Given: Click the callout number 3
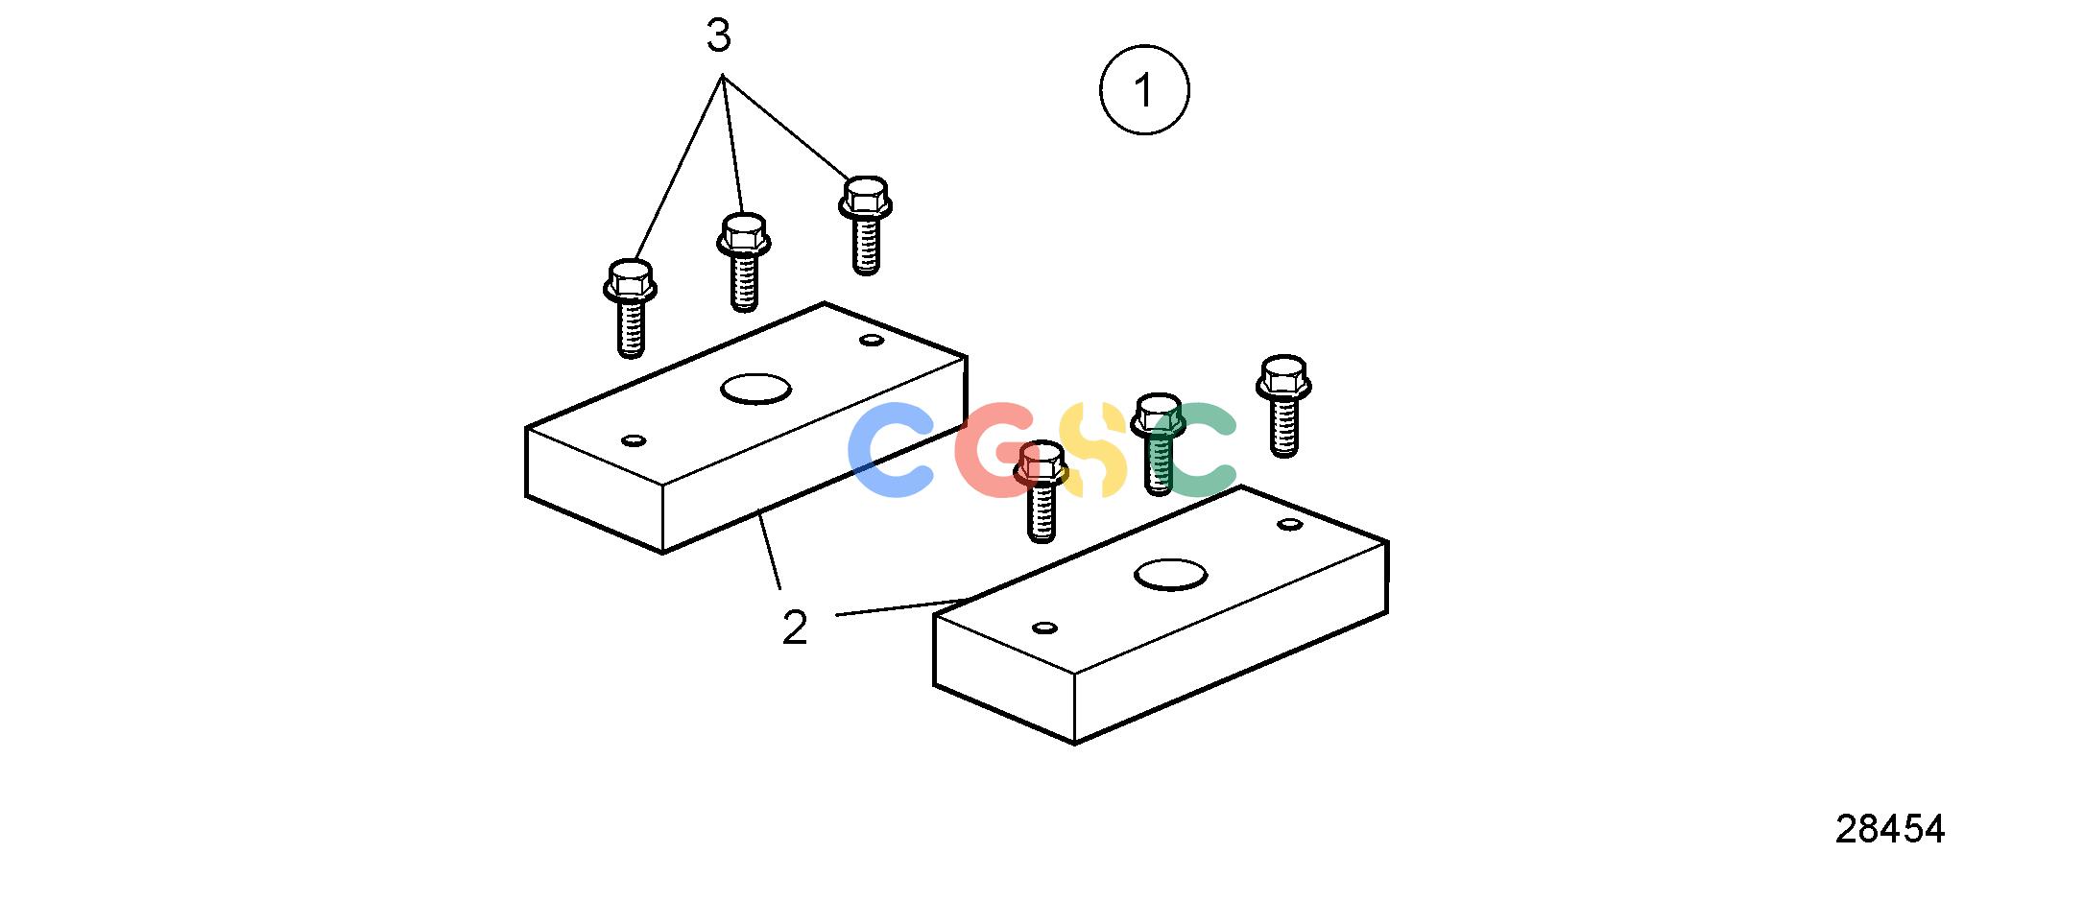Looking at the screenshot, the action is pyautogui.click(x=718, y=36).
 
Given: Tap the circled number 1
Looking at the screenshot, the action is pyautogui.click(x=1144, y=89).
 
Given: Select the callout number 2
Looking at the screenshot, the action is pyautogui.click(x=795, y=628).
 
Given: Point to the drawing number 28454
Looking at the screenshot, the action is pyautogui.click(x=1889, y=829).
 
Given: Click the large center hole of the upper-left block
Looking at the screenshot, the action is pyautogui.click(x=756, y=389).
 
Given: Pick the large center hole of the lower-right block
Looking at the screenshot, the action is pyautogui.click(x=1170, y=575).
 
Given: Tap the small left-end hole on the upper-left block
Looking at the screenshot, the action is pyautogui.click(x=634, y=440).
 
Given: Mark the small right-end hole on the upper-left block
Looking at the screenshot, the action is pyautogui.click(x=872, y=340).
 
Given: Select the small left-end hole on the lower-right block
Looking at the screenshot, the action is pyautogui.click(x=1045, y=628).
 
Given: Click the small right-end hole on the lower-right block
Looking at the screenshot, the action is pyautogui.click(x=1290, y=524).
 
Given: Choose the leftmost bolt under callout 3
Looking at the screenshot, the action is pyautogui.click(x=630, y=308).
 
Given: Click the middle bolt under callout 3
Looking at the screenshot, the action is pyautogui.click(x=744, y=262).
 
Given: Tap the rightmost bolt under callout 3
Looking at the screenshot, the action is pyautogui.click(x=866, y=225).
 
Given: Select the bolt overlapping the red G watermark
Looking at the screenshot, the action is pyautogui.click(x=1042, y=491).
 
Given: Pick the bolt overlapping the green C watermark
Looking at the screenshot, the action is pyautogui.click(x=1159, y=444).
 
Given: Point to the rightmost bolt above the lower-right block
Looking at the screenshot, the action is pyautogui.click(x=1283, y=406).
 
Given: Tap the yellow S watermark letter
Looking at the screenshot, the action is pyautogui.click(x=1093, y=450).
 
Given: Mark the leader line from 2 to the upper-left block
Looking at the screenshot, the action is pyautogui.click(x=769, y=550).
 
